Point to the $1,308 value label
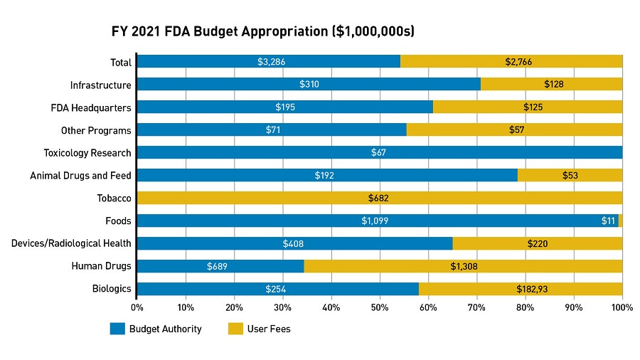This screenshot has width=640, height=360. pyautogui.click(x=464, y=266)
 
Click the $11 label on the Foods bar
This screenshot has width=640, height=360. pyautogui.click(x=608, y=221)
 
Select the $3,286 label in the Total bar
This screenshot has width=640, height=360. pyautogui.click(x=272, y=62)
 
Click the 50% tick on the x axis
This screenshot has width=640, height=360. pyautogui.click(x=380, y=307)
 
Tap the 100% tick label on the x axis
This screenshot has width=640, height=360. pyautogui.click(x=622, y=307)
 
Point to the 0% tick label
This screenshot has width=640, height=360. pyautogui.click(x=137, y=307)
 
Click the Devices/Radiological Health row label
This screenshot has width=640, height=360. pyautogui.click(x=71, y=243)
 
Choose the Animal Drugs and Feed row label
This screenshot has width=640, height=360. pyautogui.click(x=80, y=175)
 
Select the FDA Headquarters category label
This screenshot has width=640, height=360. pyautogui.click(x=91, y=107)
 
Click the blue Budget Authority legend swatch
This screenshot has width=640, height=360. pyautogui.click(x=117, y=329)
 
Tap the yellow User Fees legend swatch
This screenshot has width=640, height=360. pyautogui.click(x=235, y=329)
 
